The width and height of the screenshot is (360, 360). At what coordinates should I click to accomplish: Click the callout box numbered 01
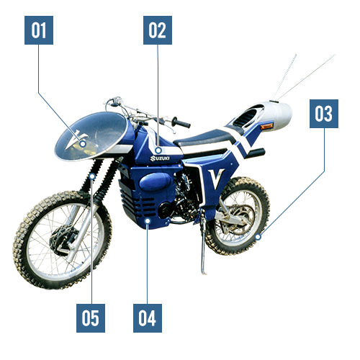pos(39,30)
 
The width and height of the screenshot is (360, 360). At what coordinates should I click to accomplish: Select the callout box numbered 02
pos(158,30)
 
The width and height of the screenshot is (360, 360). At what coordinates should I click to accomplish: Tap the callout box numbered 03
pos(324,114)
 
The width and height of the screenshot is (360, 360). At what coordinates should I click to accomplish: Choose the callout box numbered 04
pos(148,318)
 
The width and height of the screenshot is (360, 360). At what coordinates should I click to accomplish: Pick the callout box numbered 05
pos(91,318)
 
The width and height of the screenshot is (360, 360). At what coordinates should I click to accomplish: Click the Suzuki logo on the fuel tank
pos(160,158)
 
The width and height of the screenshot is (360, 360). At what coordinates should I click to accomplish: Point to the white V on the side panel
pos(216,179)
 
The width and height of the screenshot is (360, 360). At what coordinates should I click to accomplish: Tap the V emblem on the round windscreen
pos(76,140)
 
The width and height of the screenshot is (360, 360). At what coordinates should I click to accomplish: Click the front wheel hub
pos(63,240)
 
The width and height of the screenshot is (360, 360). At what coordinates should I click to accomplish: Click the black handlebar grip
pos(181,122)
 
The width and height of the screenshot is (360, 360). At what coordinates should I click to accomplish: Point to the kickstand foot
pos(204,272)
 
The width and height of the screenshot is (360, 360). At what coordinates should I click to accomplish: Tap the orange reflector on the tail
pos(266,126)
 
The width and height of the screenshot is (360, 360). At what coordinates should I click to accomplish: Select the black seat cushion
pos(204,138)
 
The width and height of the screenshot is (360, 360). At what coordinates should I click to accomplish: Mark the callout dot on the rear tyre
pos(258,237)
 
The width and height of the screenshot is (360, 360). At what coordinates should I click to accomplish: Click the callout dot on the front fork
pos(92,176)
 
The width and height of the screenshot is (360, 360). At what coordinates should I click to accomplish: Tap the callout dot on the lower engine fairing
pos(148,220)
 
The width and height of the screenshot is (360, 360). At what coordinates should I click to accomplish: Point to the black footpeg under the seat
pos(256,153)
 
